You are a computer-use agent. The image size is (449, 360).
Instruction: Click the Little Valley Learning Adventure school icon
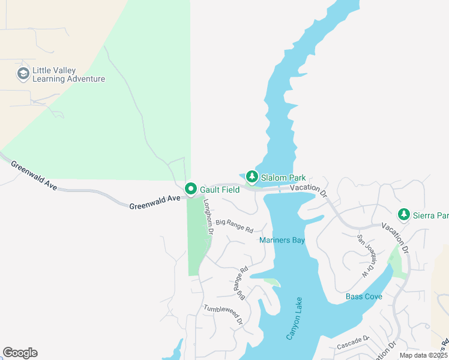click(23, 74)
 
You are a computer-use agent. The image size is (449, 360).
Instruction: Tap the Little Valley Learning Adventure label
click(68, 74)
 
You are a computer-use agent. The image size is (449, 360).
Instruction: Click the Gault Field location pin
click(191, 189)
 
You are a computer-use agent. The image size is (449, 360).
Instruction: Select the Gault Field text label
click(220, 190)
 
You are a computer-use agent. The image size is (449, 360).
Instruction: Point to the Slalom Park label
click(283, 178)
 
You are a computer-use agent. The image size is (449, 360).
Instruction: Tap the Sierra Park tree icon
click(404, 215)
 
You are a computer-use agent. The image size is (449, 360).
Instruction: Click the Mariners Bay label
click(282, 241)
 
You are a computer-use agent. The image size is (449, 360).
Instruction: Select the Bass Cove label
click(364, 296)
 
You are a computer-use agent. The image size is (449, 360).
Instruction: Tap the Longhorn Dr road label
click(208, 217)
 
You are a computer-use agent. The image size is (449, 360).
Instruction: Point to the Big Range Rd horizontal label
click(235, 226)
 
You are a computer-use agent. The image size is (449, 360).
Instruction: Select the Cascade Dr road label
click(352, 343)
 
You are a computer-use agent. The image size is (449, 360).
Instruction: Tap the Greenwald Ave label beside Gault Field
click(154, 202)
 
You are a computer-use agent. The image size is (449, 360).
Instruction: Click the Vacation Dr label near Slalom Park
click(308, 190)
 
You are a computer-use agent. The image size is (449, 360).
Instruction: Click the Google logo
click(20, 353)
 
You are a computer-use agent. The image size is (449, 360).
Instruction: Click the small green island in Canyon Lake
click(271, 281)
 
